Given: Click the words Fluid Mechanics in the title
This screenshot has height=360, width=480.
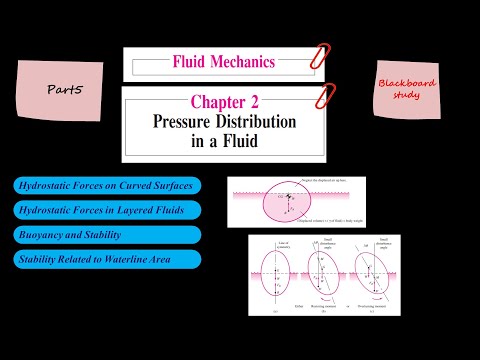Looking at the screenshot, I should pyautogui.click(x=223, y=62).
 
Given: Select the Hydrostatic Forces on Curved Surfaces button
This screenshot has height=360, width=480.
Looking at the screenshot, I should pyautogui.click(x=106, y=186).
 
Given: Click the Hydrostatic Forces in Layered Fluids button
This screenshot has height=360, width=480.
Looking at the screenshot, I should pyautogui.click(x=106, y=210).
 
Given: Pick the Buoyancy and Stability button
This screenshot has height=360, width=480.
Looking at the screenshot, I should pyautogui.click(x=106, y=234).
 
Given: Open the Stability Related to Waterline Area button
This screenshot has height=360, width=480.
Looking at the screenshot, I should pyautogui.click(x=106, y=259).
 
